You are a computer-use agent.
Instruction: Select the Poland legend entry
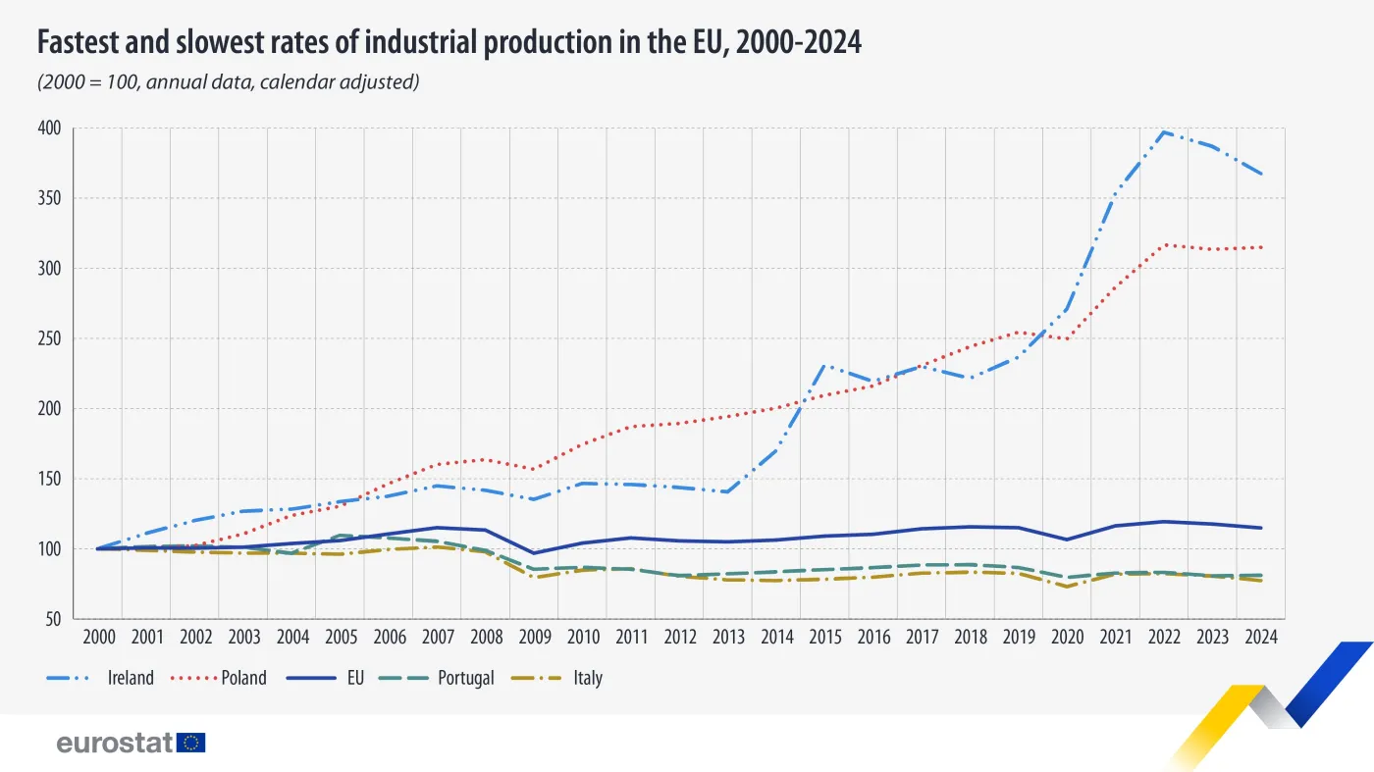pyautogui.click(x=243, y=678)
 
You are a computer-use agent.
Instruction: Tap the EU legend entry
pyautogui.click(x=354, y=678)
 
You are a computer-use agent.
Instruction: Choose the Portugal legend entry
pyautogui.click(x=466, y=678)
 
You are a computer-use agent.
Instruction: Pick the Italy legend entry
pyautogui.click(x=587, y=678)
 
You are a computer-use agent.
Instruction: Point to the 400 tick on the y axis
pyautogui.click(x=51, y=129)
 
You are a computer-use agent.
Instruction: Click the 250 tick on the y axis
pyautogui.click(x=51, y=338)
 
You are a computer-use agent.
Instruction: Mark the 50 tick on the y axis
pyautogui.click(x=54, y=619)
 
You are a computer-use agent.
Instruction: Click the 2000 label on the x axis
pyautogui.click(x=98, y=638)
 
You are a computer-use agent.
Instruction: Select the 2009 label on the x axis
pyautogui.click(x=534, y=638)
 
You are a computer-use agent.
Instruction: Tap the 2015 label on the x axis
pyautogui.click(x=824, y=638)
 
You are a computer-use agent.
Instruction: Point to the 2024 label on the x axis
pyautogui.click(x=1260, y=638)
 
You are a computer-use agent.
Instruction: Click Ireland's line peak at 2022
pyautogui.click(x=1164, y=131)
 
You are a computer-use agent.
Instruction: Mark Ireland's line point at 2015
pyautogui.click(x=824, y=366)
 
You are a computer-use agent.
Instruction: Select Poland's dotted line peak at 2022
pyautogui.click(x=1164, y=244)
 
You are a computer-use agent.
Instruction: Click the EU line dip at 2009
pyautogui.click(x=534, y=553)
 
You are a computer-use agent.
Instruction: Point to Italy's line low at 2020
pyautogui.click(x=1067, y=587)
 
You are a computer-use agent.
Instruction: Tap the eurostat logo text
pyautogui.click(x=115, y=743)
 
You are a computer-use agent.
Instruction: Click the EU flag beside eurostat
pyautogui.click(x=191, y=743)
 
